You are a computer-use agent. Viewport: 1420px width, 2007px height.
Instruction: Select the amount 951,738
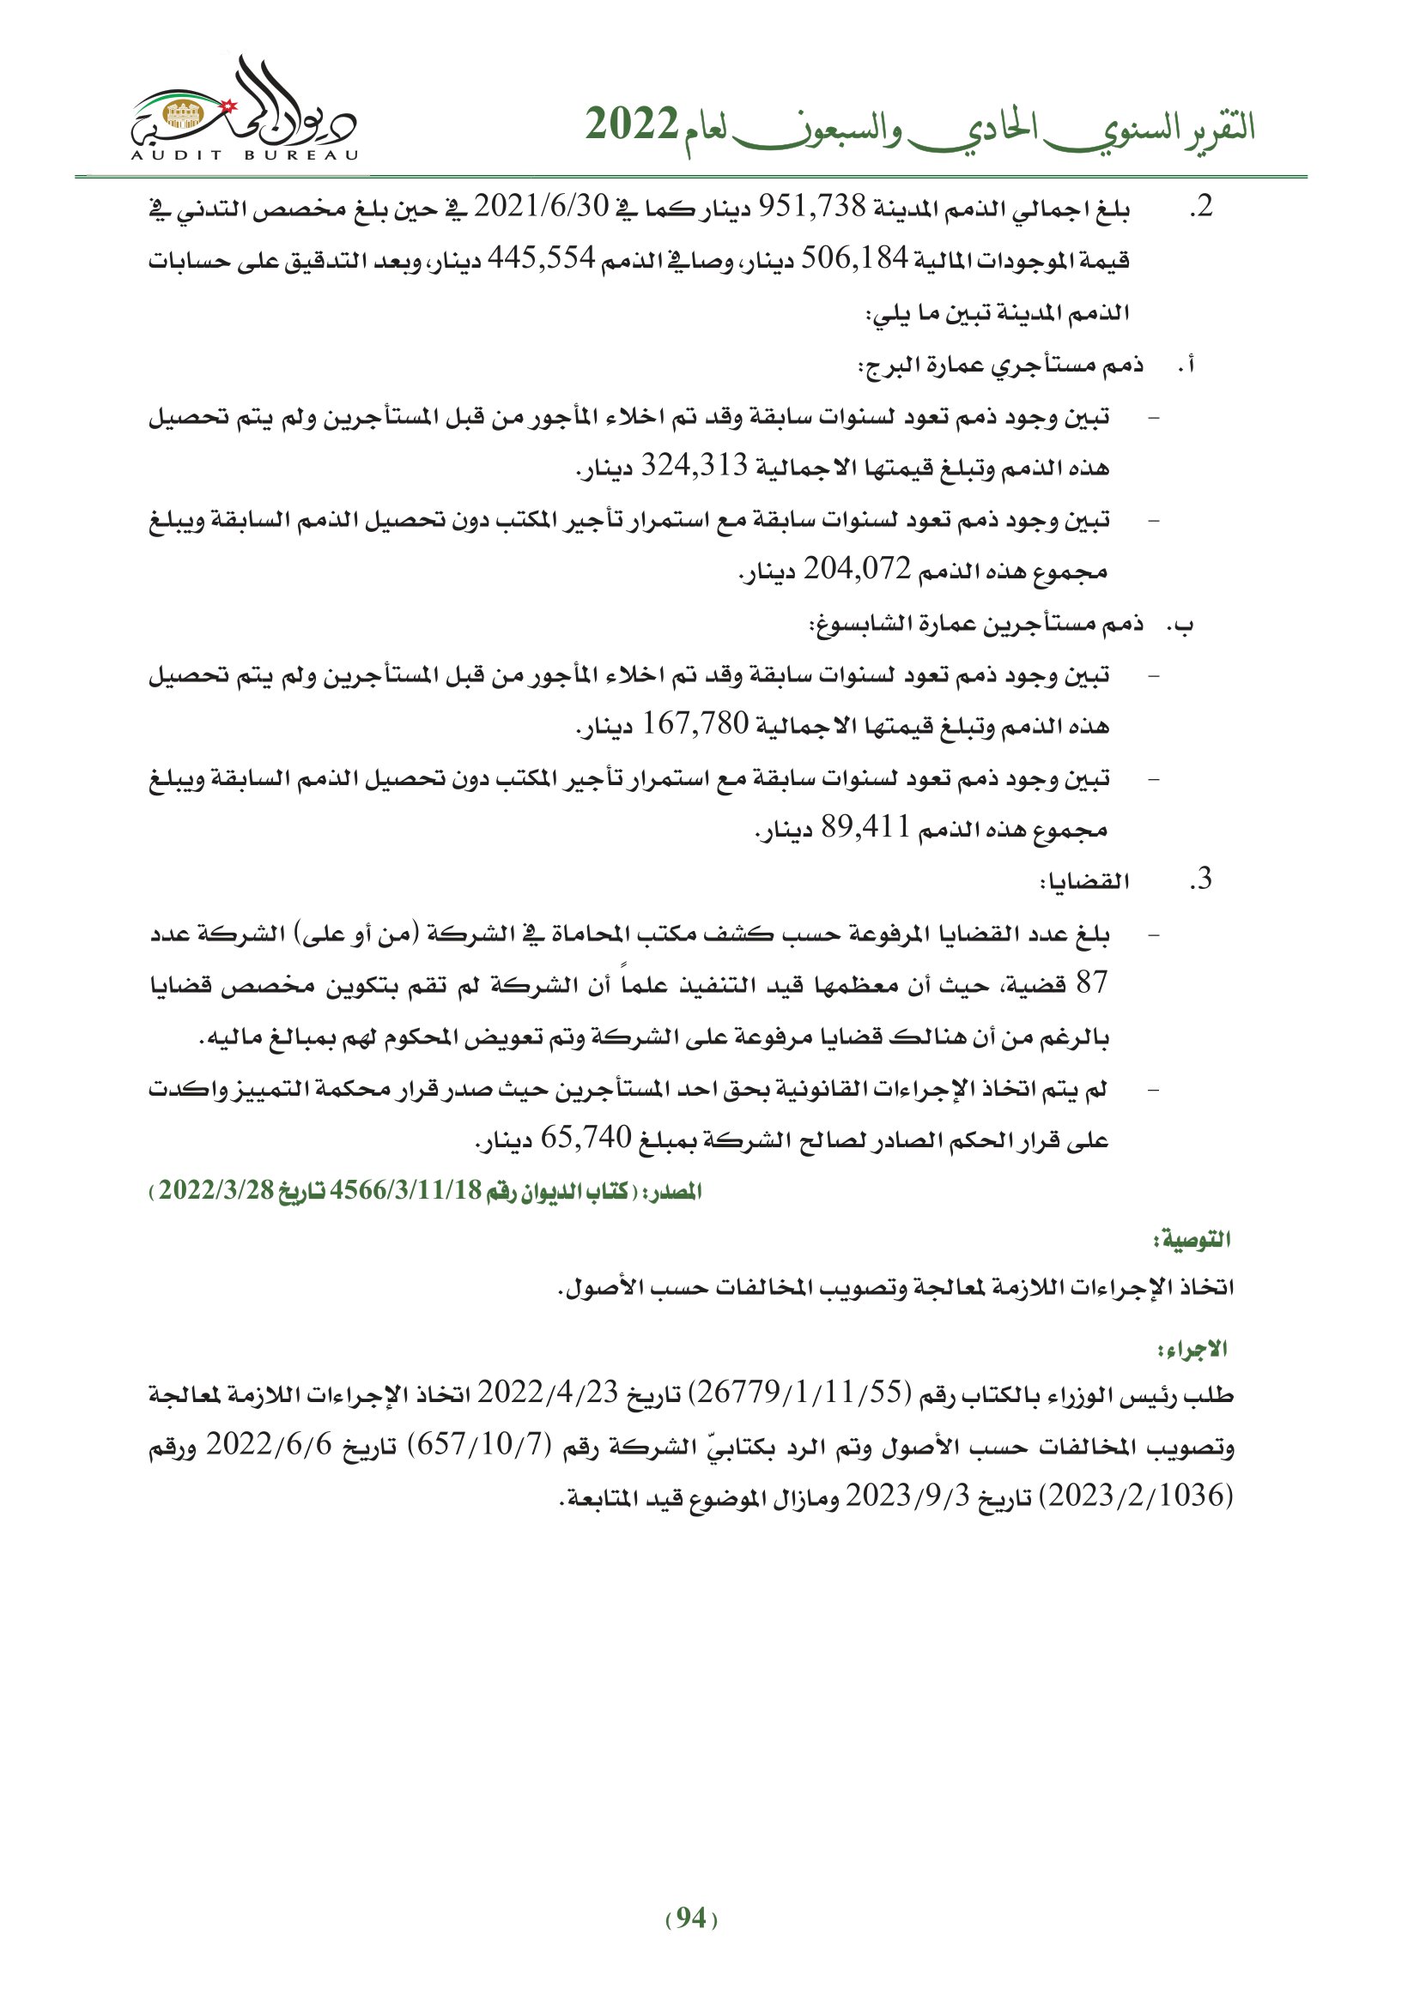tap(810, 207)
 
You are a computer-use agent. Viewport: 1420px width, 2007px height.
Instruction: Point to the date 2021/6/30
tap(540, 207)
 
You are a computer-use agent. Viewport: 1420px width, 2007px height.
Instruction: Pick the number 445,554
tap(540, 259)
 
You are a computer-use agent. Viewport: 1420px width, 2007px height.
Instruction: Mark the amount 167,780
tap(696, 724)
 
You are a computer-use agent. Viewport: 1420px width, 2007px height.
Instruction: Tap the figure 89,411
tap(865, 827)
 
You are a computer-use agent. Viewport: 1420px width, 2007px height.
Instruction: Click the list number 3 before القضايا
tap(1201, 880)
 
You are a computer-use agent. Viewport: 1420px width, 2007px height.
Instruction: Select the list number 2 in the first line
tap(1201, 207)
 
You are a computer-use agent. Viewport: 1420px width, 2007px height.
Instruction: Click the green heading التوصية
tap(1191, 1239)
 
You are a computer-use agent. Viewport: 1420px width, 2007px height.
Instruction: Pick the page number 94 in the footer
tap(691, 1919)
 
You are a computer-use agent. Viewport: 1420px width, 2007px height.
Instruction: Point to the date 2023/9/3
tap(907, 1496)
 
